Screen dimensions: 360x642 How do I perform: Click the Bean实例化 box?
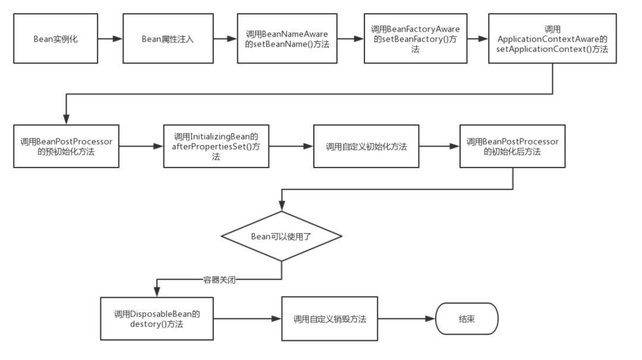click(55, 39)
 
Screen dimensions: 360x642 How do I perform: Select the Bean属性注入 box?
click(168, 39)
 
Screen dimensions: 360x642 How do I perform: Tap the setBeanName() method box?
click(287, 39)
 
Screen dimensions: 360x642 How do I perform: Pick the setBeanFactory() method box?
click(416, 39)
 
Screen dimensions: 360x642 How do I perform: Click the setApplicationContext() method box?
click(552, 39)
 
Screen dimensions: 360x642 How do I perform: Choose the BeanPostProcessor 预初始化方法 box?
click(66, 146)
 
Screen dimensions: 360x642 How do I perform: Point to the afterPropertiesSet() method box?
click(216, 146)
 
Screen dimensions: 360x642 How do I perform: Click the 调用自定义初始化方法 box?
click(366, 146)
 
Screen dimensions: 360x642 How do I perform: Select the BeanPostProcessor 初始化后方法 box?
click(512, 146)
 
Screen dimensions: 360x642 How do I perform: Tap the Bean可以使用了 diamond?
click(281, 236)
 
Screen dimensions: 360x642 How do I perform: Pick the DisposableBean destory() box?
click(156, 318)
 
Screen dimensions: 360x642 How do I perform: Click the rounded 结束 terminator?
click(467, 319)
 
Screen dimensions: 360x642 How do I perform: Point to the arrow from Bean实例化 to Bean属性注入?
click(110, 39)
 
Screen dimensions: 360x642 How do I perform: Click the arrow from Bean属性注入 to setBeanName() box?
click(225, 39)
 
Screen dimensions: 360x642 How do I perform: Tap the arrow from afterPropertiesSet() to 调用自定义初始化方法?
click(291, 146)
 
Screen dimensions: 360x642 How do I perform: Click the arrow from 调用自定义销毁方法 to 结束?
click(407, 319)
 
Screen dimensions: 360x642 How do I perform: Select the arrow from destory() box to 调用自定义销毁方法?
click(247, 319)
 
